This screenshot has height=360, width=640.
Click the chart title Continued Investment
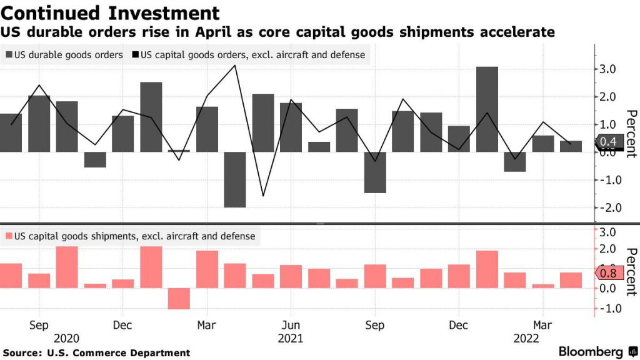click(x=111, y=12)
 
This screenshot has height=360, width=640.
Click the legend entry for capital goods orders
click(x=248, y=55)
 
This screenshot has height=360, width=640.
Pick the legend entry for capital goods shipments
click(x=130, y=236)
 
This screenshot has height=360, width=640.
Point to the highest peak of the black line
click(x=234, y=65)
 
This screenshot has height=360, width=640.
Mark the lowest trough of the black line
click(x=262, y=196)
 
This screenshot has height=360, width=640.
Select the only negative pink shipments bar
click(x=179, y=298)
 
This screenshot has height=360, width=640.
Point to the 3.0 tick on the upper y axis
click(x=608, y=69)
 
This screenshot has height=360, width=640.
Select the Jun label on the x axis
click(x=291, y=326)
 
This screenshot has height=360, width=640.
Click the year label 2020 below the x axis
click(x=67, y=338)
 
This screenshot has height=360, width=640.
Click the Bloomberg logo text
click(x=590, y=351)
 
